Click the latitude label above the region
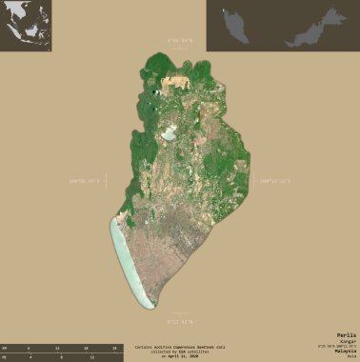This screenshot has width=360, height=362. [x=179, y=41]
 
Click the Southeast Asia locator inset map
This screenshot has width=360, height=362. [x=26, y=26]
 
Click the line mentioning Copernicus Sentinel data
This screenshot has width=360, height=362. [x=179, y=347]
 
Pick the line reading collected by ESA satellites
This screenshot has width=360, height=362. [x=179, y=352]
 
